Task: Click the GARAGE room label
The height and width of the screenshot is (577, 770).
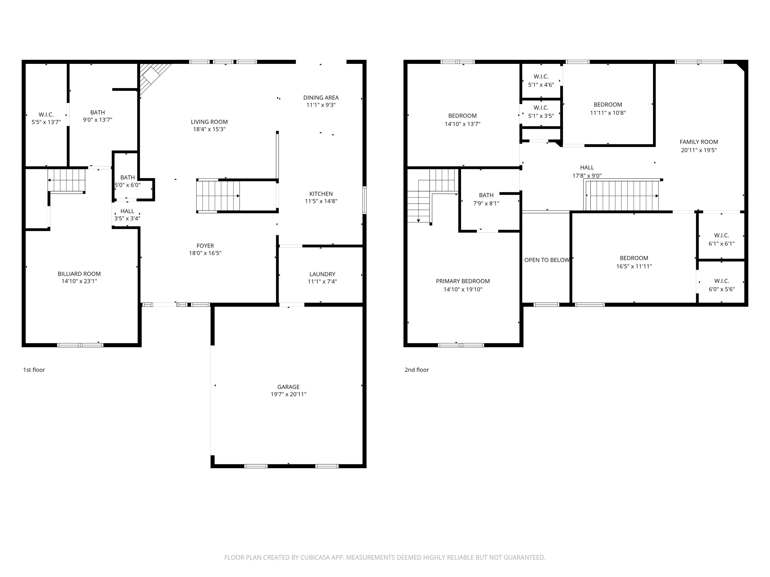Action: (x=288, y=387)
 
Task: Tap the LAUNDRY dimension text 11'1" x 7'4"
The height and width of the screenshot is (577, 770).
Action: (x=322, y=281)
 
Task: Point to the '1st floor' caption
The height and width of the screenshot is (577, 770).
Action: (x=34, y=370)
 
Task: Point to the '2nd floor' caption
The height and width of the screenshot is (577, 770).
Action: (x=416, y=370)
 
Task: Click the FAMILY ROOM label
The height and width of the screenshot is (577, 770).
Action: (x=699, y=142)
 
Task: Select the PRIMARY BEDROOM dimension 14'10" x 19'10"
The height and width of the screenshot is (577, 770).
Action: (x=463, y=289)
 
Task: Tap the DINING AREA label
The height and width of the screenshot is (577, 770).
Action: (x=321, y=98)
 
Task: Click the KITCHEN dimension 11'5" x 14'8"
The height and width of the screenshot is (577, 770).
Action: (x=321, y=201)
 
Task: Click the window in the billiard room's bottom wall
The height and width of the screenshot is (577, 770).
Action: (x=80, y=345)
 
